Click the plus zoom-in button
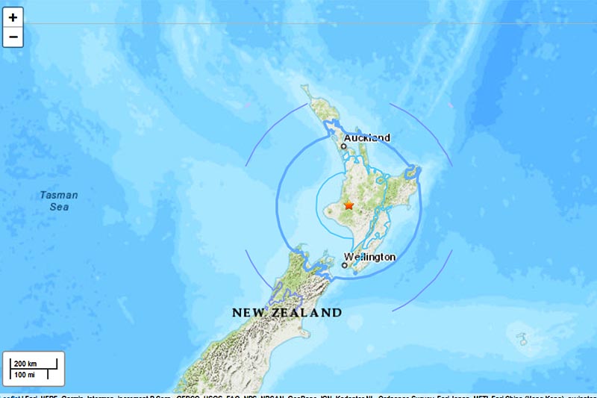point(13,16)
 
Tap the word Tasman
point(59,196)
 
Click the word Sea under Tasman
point(59,207)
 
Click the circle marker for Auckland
point(344,146)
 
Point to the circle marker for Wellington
point(345,264)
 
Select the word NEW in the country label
point(249,312)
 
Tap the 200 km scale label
point(25,364)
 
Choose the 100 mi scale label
point(25,373)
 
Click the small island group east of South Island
point(522,340)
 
